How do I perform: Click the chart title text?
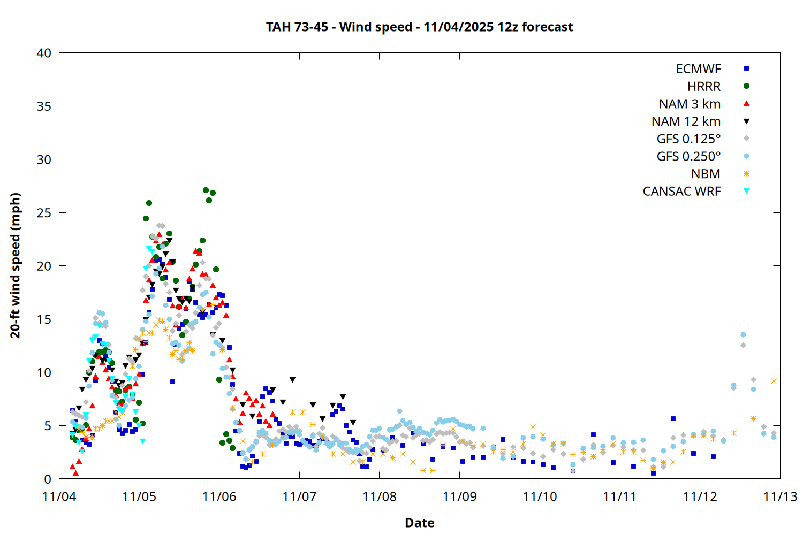(419, 27)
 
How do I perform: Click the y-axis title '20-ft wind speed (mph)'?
(16, 265)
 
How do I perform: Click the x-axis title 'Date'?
(419, 523)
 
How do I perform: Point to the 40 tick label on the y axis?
(44, 53)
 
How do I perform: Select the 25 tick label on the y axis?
(44, 213)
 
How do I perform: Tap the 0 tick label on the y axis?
(48, 479)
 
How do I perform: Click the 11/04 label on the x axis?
(59, 496)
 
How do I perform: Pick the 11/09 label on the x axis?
(459, 496)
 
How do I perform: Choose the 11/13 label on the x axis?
(780, 496)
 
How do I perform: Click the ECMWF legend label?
(698, 69)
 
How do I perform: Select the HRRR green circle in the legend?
(746, 86)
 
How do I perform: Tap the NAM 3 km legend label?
(690, 104)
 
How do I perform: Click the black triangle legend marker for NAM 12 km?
(746, 121)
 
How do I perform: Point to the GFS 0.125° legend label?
(688, 139)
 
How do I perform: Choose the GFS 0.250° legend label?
(688, 156)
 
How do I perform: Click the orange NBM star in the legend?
(746, 174)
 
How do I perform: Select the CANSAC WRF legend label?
(681, 192)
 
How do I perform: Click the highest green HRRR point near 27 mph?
(206, 190)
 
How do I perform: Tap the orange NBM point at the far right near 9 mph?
(774, 381)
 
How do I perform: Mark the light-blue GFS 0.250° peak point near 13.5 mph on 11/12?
(743, 335)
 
